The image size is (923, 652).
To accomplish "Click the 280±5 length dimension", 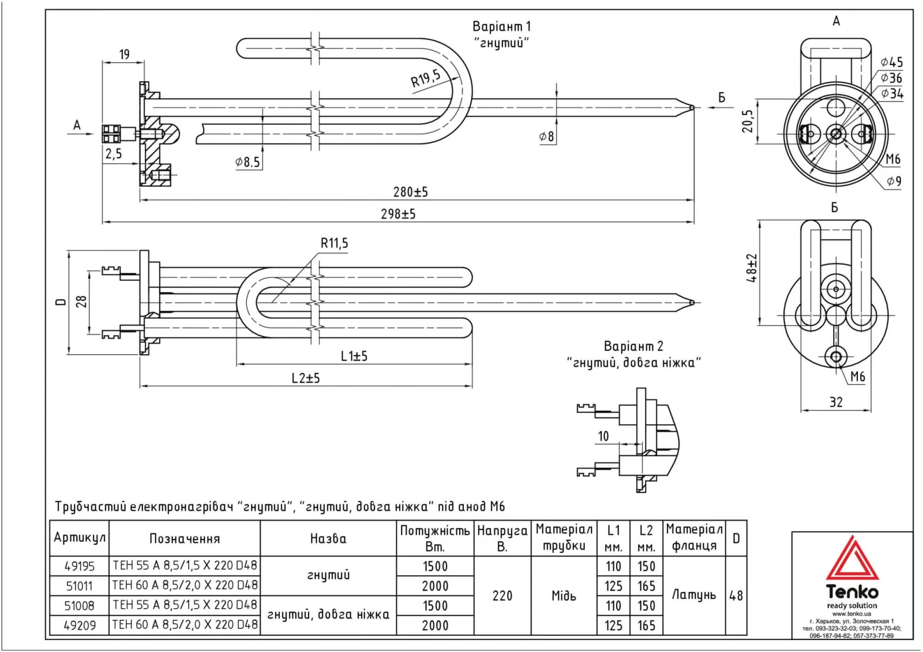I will click(x=410, y=191).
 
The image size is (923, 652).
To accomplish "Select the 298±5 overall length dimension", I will click(x=397, y=214).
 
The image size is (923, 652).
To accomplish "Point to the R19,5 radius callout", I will click(x=426, y=78).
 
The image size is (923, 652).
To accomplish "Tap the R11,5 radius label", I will click(x=335, y=243).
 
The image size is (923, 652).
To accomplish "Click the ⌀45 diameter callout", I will click(x=891, y=62).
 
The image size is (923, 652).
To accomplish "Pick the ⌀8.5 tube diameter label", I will click(x=247, y=162).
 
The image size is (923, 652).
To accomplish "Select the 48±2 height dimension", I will click(x=752, y=268).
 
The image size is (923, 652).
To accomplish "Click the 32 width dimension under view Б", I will click(x=836, y=402).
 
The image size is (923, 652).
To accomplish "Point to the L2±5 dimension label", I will click(x=305, y=378).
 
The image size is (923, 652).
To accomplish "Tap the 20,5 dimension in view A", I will click(x=748, y=122).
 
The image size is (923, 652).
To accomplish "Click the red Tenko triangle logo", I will click(x=851, y=559).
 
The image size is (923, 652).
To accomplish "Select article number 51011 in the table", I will click(x=79, y=586).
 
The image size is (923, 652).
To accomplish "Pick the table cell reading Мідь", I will click(x=564, y=596).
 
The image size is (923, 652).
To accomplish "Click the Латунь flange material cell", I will click(x=693, y=595).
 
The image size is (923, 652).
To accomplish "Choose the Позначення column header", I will click(x=185, y=538).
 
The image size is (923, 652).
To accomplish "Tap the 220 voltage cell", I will click(x=502, y=596).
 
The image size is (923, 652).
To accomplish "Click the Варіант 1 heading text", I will click(x=501, y=27).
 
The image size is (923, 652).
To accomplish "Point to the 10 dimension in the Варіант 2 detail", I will click(x=603, y=436).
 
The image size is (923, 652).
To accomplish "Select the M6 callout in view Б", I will click(x=857, y=376).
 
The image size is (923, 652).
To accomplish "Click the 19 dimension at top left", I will click(x=124, y=54).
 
